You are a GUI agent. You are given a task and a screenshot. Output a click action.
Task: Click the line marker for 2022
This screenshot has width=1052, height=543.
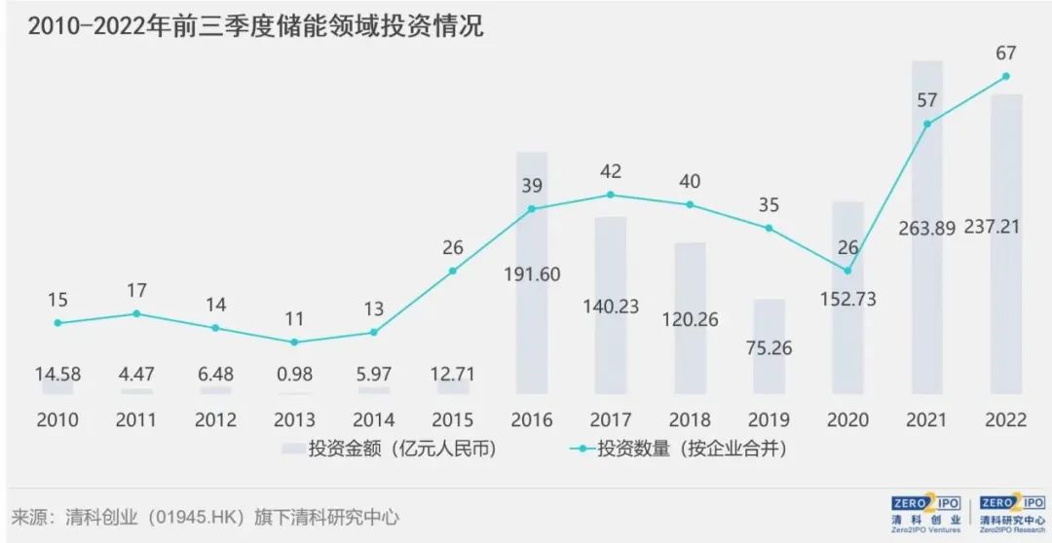1005,76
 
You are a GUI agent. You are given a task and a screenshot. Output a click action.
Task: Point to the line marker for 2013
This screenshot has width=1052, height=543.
294,342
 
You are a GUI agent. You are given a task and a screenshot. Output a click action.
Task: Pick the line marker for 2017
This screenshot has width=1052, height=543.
611,195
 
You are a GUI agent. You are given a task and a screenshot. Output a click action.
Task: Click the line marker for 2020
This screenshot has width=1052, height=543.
847,271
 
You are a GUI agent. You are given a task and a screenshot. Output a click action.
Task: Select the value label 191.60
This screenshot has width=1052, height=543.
531,273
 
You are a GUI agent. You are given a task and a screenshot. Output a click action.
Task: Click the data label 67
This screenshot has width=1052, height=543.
1004,51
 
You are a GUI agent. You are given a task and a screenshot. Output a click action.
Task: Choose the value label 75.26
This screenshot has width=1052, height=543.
769,348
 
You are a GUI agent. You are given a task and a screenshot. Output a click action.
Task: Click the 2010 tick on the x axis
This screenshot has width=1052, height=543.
57,420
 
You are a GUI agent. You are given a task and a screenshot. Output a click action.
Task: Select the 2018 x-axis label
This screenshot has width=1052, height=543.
690,420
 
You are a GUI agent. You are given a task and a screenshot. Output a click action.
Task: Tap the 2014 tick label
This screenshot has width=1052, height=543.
373,420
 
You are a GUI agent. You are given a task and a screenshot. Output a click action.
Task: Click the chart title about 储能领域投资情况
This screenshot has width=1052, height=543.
255,26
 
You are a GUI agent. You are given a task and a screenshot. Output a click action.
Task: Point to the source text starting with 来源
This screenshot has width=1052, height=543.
205,517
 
